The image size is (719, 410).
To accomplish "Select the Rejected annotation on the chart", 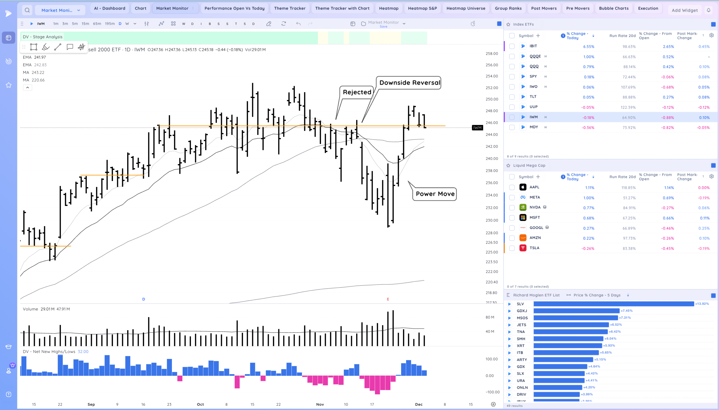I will point(357,92).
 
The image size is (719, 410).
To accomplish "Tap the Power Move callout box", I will point(435,194).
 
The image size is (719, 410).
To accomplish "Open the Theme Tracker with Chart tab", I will point(342,8).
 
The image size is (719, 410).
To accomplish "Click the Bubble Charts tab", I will point(613,8).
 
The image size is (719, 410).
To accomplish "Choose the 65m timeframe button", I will point(97,24).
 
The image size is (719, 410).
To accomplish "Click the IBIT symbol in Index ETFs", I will point(533,46).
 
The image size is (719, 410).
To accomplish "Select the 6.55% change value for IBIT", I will point(588,47).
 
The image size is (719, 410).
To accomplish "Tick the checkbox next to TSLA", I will point(512,248).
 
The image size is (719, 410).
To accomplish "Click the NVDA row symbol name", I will point(535,208).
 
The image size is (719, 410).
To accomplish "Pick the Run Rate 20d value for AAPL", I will point(628,188).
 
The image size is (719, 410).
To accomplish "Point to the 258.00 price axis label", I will point(492,54).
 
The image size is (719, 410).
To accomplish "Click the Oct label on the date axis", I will point(200,404).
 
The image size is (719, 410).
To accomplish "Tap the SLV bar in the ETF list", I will point(613,304).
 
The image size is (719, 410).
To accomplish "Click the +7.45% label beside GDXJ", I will point(626,311).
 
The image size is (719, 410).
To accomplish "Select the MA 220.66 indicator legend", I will point(34,80).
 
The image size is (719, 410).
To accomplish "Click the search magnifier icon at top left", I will point(27,10).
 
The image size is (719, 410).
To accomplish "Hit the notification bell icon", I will point(708,10).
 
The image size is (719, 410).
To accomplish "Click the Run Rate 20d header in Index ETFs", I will point(622,36).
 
